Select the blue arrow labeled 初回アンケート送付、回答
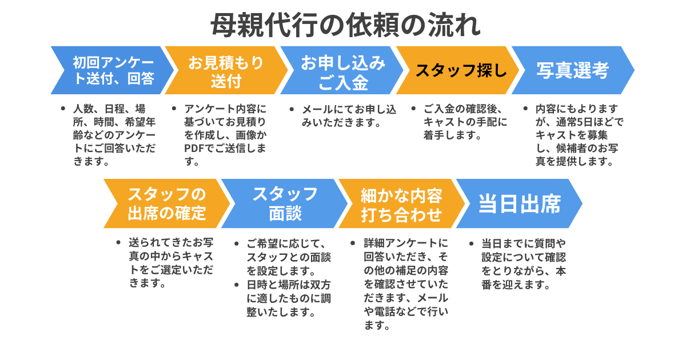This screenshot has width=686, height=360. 111,70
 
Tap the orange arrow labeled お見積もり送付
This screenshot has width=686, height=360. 226,70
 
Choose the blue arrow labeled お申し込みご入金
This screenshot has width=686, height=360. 342,70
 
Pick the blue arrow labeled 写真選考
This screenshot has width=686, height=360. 572,70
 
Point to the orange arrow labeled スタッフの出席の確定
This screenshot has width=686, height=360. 166,203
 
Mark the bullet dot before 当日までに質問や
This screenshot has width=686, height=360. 470,243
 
